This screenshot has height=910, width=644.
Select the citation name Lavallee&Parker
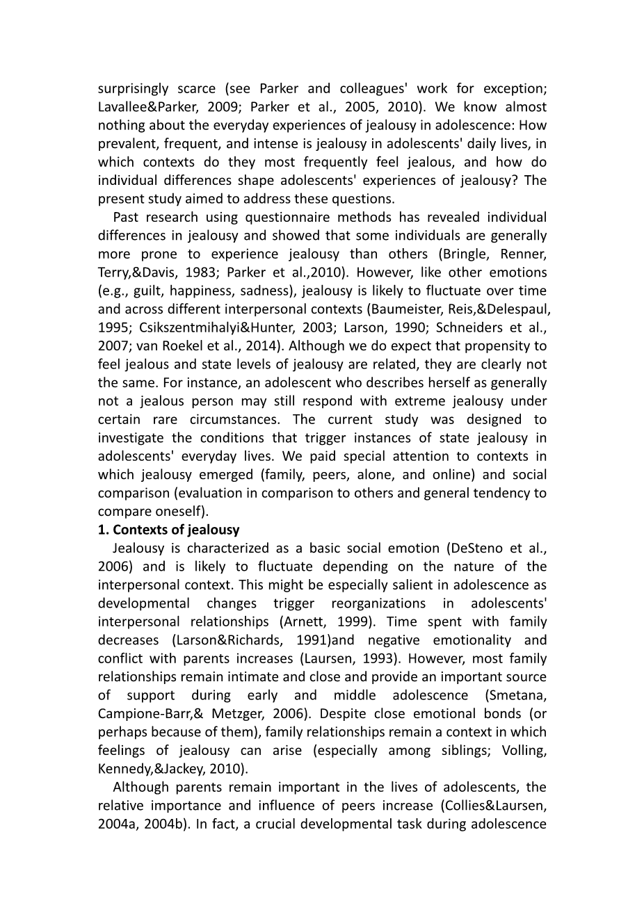click(147, 107)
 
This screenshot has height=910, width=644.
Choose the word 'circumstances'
click(232, 419)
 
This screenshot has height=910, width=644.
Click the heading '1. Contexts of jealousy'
click(168, 530)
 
